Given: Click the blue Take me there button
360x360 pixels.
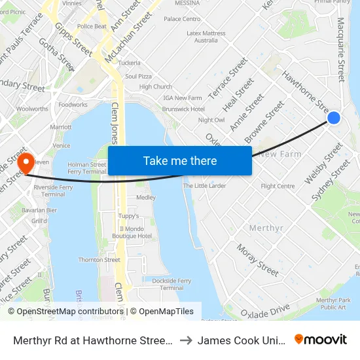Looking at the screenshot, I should tap(180, 161).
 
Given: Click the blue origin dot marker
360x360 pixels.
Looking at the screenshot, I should tap(333, 118).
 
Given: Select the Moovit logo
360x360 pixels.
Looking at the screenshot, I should tap(321, 339).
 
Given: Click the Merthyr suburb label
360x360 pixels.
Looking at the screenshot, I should tap(266, 228).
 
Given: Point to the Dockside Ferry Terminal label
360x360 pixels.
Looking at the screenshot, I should tap(171, 283).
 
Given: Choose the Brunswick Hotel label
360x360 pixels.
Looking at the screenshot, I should tap(183, 109).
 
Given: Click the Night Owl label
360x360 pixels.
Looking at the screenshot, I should tap(211, 120).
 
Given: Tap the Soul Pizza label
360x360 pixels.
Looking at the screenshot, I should tap(138, 76).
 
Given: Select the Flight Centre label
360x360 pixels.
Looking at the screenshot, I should tap(278, 186).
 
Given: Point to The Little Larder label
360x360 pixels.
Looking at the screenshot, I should tap(204, 186).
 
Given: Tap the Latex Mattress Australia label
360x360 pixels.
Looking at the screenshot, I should tap(206, 36).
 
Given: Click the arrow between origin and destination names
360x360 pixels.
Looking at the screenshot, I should tap(185, 340).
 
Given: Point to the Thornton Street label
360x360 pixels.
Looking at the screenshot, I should tap(99, 260).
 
